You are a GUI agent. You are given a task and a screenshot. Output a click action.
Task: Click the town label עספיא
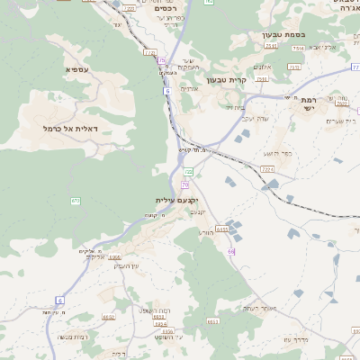pos(76,69)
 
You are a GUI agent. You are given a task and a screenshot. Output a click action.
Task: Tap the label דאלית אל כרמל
pos(70,129)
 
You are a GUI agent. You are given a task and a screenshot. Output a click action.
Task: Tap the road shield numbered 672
pos(76,200)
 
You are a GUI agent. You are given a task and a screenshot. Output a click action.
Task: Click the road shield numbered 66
pos(231,251)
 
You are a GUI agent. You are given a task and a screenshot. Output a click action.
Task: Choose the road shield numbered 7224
pos(266,168)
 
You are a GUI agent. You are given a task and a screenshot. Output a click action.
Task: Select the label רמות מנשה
pos(71,337)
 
